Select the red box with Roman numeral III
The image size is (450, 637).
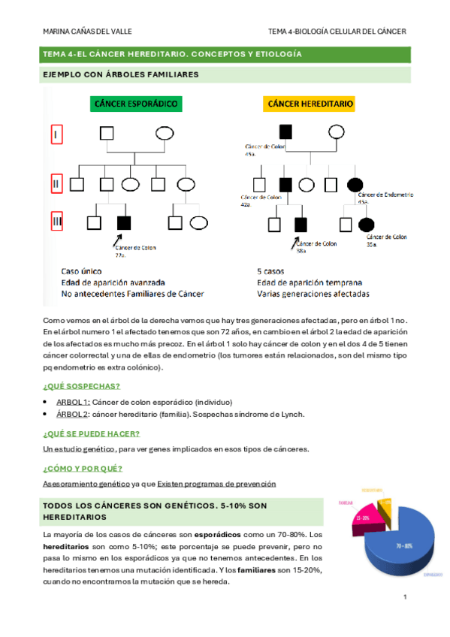[56, 222]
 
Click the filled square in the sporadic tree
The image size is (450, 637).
[124, 222]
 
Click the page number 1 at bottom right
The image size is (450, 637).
[405, 597]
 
